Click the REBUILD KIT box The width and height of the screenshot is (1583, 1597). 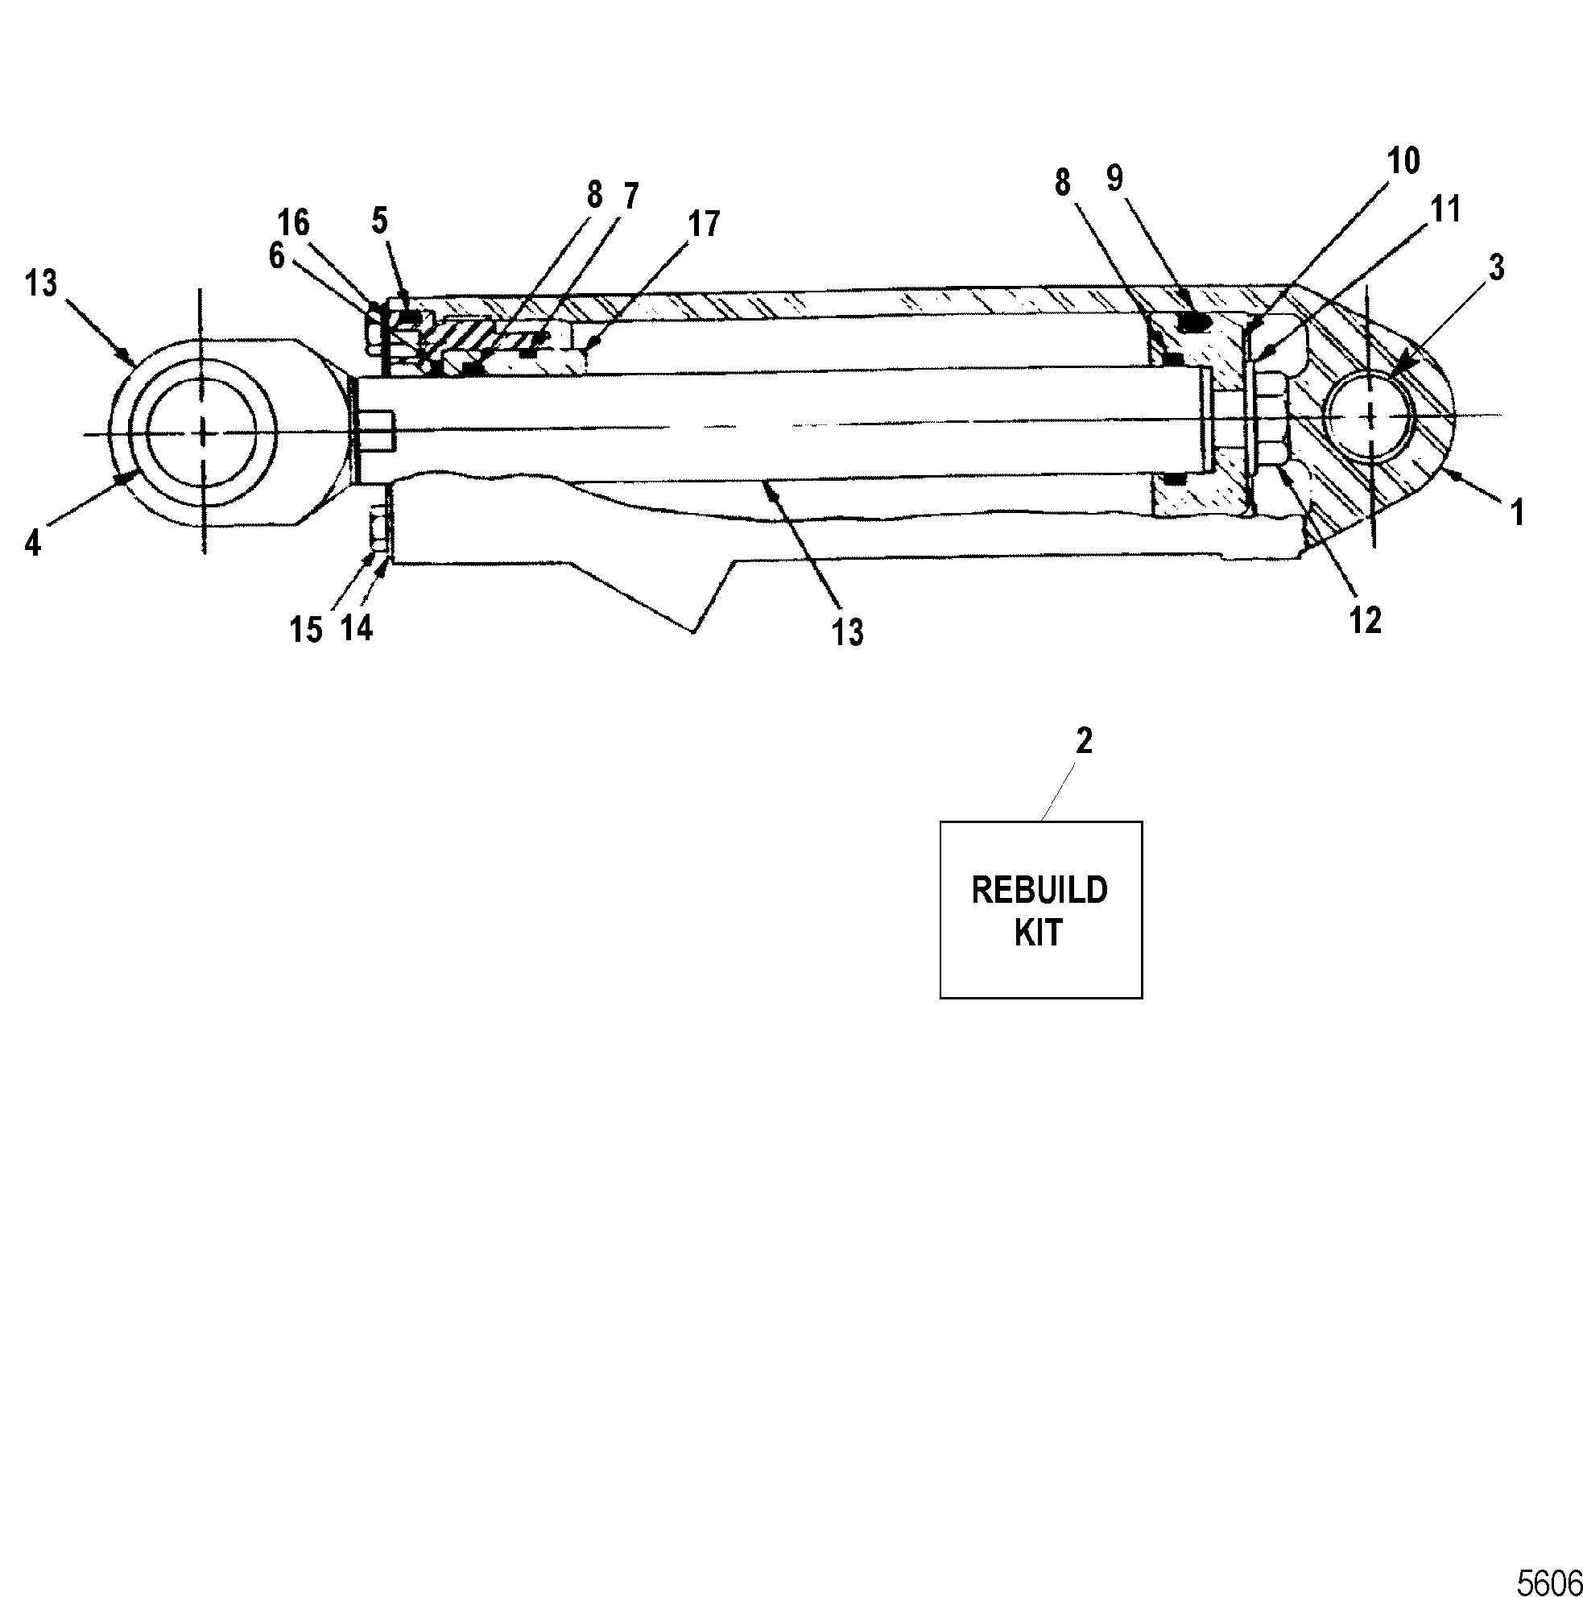pyautogui.click(x=1041, y=909)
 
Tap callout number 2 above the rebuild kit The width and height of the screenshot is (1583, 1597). pyautogui.click(x=1084, y=741)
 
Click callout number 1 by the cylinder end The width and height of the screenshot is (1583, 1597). pyautogui.click(x=1518, y=512)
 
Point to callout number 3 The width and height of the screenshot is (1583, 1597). pyautogui.click(x=1497, y=268)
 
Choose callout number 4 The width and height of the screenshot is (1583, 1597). pyautogui.click(x=32, y=544)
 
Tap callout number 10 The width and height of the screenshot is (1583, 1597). pyautogui.click(x=1403, y=160)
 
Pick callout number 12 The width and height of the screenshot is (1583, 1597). pyautogui.click(x=1365, y=620)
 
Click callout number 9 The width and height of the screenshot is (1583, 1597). pyautogui.click(x=1115, y=178)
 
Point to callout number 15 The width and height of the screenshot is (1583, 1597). pyautogui.click(x=306, y=629)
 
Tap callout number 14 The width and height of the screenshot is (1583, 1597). pyautogui.click(x=356, y=628)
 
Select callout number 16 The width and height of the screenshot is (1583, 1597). pyautogui.click(x=293, y=222)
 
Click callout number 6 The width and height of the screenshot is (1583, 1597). pyautogui.click(x=276, y=256)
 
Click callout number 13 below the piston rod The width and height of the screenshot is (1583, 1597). pyautogui.click(x=848, y=632)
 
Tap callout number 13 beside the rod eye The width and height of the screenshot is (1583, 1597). pyautogui.click(x=40, y=283)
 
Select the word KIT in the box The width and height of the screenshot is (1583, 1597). pyautogui.click(x=1038, y=933)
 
